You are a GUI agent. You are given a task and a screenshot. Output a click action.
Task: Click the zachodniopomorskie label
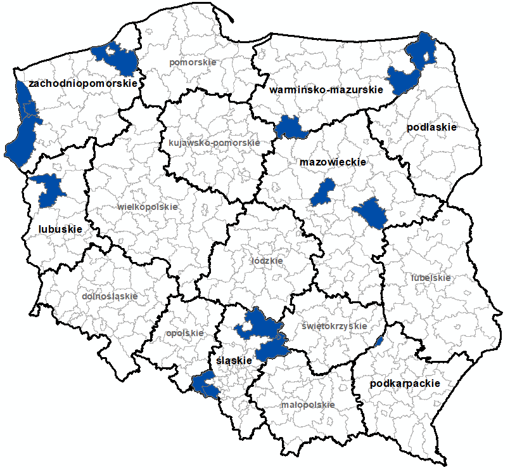83,83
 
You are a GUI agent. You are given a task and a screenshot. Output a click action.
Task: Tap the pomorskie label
193,63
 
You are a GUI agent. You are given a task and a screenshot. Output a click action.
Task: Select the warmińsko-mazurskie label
326,90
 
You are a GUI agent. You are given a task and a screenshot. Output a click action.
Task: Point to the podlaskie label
431,127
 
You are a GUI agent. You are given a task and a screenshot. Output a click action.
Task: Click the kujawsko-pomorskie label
214,143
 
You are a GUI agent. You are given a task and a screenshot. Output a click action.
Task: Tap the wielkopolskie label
148,207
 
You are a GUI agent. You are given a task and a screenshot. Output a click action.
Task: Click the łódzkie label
267,261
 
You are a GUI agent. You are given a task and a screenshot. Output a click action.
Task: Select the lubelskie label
430,278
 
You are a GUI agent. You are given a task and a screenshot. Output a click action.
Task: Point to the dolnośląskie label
110,296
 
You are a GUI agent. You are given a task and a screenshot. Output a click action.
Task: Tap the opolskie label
184,332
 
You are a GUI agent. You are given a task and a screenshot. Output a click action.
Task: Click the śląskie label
231,360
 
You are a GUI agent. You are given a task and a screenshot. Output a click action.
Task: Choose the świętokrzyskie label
334,326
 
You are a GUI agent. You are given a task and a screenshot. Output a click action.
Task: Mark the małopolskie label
307,404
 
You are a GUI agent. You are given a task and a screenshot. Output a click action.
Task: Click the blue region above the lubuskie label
48,190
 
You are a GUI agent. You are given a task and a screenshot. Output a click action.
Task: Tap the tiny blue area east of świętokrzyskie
379,342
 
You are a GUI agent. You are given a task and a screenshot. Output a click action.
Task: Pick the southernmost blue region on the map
205,385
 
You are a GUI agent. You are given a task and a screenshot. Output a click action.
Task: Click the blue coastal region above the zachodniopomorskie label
117,58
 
